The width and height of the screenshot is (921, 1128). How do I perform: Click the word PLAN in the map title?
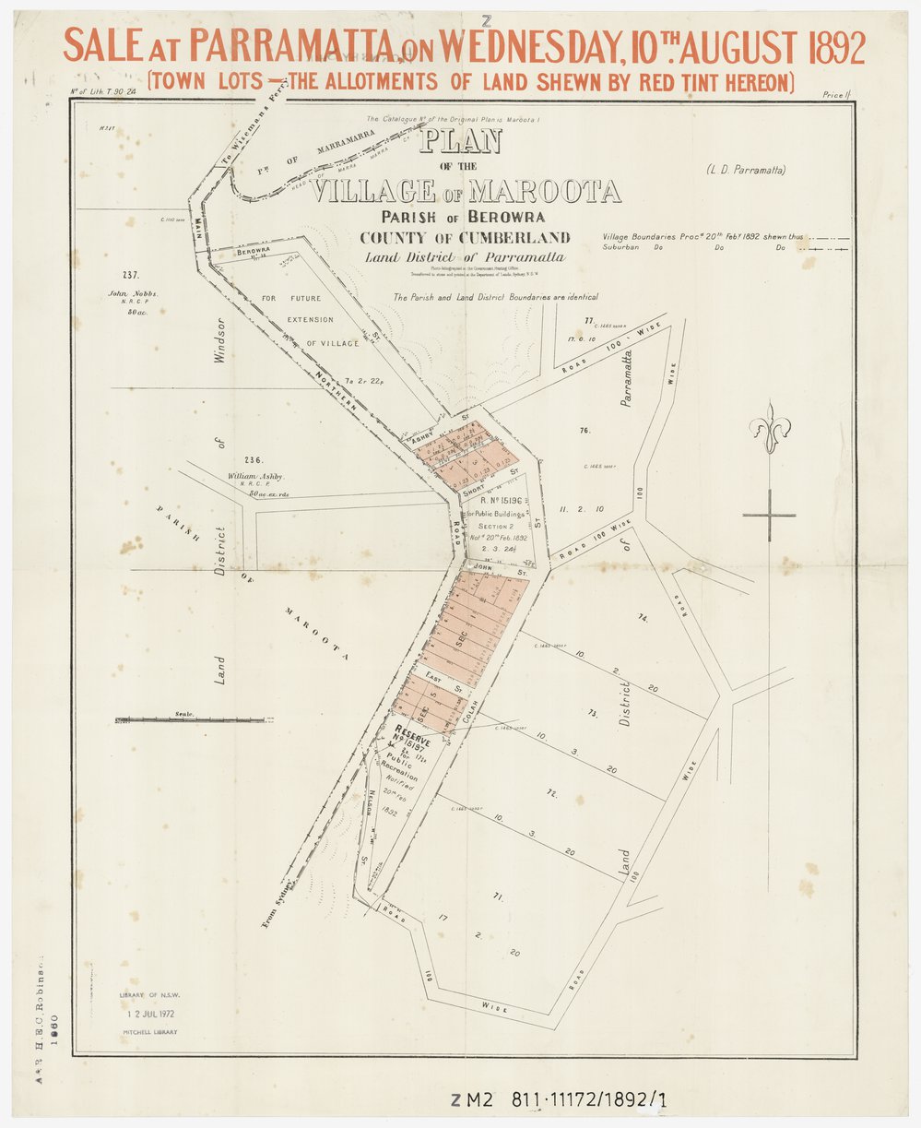tap(460, 141)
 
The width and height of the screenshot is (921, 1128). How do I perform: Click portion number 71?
tap(498, 896)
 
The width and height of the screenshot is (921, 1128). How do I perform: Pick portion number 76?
tap(584, 431)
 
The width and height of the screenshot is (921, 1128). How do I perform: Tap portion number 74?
tap(643, 619)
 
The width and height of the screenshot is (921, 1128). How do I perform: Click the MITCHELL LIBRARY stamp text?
tap(149, 1032)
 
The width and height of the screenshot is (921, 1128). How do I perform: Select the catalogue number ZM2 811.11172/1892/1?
tap(558, 1099)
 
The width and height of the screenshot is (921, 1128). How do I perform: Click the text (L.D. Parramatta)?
tap(746, 170)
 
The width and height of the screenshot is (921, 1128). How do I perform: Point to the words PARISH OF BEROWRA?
tap(467, 218)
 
